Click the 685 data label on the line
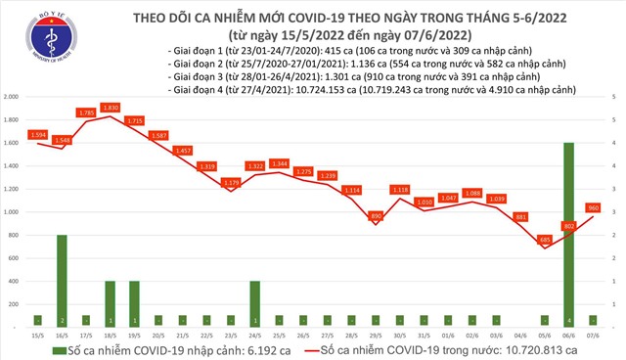pos(545,239)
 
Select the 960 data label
pos(592,207)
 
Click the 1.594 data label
pos(38,133)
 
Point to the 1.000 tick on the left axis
pos(13,212)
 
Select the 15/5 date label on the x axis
pos(37,336)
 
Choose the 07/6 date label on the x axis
pos(592,336)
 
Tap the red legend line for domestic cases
pos(325,349)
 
